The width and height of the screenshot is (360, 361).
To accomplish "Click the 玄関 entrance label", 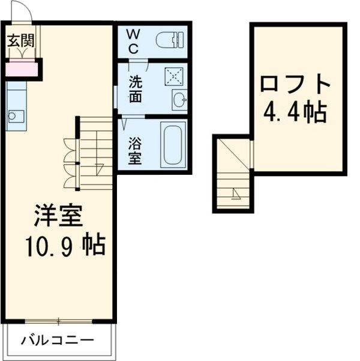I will coord(20,41).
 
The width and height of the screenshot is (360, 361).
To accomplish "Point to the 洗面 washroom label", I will coord(135,89).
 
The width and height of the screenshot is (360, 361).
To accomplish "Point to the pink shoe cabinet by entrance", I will coord(21,70).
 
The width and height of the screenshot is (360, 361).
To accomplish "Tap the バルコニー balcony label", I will coord(58,341).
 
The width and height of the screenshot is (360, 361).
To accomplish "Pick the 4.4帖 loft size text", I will coord(295,112).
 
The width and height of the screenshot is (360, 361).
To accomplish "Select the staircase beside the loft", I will coord(233,174).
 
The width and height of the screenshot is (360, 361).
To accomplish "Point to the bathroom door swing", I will coord(124,125).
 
